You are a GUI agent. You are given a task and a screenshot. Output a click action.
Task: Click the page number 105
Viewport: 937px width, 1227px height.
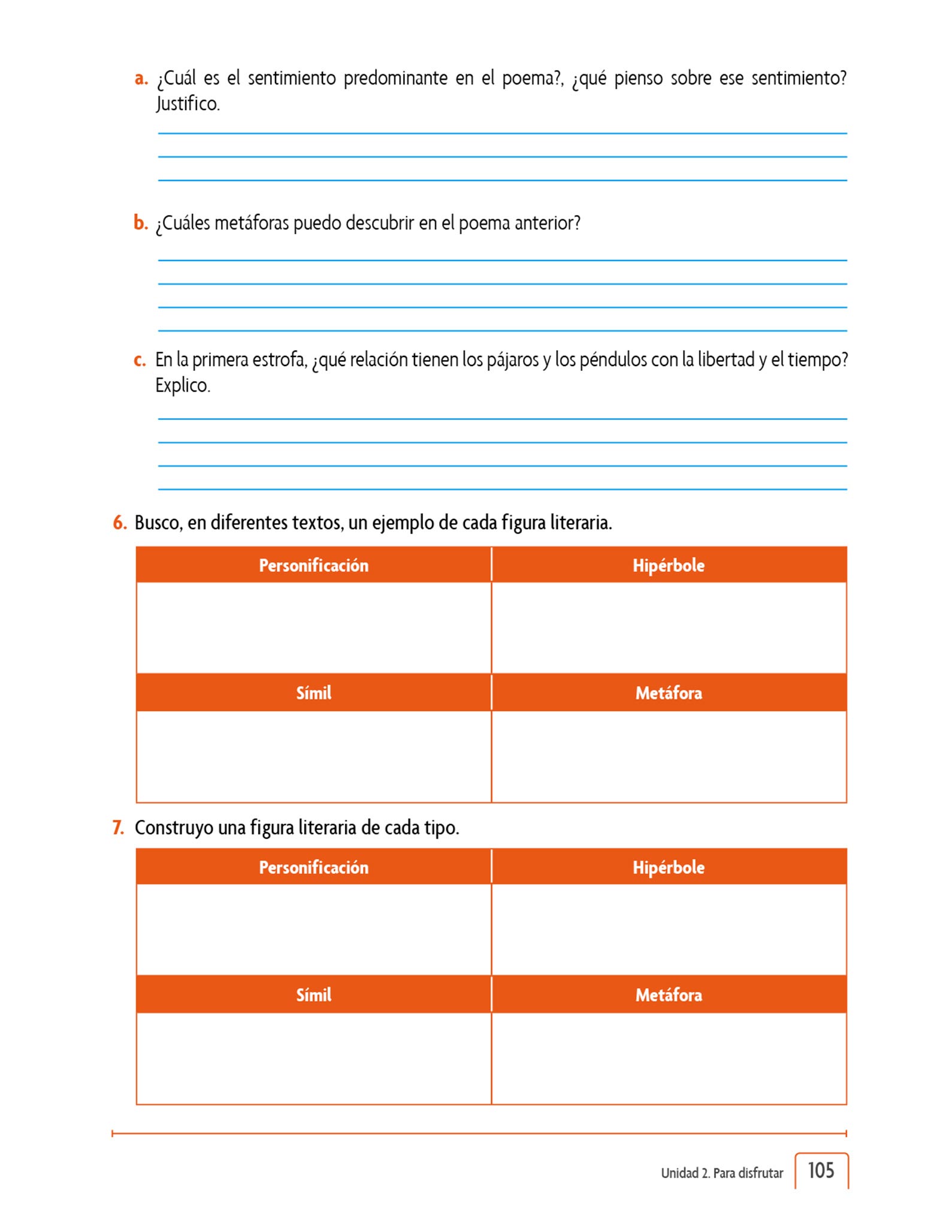(820, 1170)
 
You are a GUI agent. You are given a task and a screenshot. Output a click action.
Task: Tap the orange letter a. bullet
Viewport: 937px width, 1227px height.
(141, 78)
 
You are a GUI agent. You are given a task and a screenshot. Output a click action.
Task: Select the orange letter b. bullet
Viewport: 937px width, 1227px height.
(140, 223)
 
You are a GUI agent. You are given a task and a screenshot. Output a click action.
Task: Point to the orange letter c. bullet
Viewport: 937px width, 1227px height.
(140, 360)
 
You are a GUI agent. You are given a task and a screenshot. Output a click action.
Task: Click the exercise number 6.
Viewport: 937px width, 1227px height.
(120, 522)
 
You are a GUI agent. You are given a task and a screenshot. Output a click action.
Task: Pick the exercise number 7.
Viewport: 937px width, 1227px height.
(118, 827)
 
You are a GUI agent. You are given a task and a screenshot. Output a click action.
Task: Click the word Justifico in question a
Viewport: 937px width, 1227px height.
(188, 104)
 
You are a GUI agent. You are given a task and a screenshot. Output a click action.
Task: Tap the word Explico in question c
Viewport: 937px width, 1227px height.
(182, 385)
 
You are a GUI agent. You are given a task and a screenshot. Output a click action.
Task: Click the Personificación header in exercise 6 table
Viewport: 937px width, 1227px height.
(313, 565)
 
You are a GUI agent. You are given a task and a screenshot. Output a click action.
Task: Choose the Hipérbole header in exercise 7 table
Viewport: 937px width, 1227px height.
(669, 867)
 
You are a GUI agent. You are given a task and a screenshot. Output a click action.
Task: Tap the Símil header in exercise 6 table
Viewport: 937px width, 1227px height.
(313, 693)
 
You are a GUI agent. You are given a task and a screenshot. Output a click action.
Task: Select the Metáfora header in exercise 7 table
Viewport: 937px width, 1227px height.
(669, 995)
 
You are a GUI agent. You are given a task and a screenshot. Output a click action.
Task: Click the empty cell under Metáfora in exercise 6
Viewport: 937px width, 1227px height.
(669, 756)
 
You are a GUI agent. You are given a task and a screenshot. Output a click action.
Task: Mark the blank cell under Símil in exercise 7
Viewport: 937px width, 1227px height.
(313, 1058)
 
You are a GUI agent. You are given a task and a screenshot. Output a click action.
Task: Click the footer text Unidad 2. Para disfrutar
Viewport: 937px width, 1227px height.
(722, 1173)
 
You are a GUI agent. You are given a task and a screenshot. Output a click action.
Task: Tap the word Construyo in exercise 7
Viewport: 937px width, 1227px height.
(174, 827)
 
